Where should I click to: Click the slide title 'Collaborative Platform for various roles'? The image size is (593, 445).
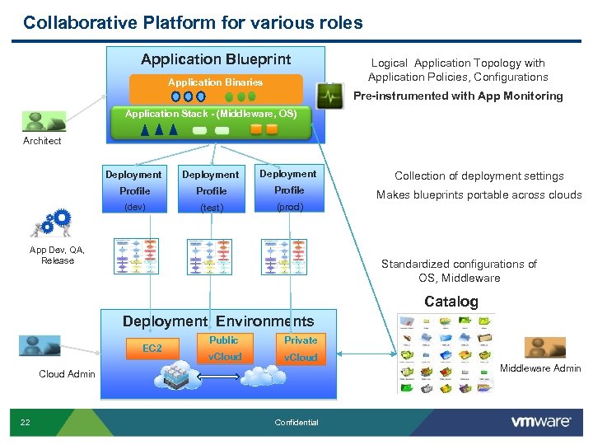(193, 22)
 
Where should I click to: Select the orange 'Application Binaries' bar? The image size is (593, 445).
(215, 82)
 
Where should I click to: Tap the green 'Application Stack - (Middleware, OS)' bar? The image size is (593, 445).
(211, 114)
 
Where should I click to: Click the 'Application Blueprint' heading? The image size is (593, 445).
(216, 59)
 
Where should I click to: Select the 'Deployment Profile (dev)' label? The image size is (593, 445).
(133, 190)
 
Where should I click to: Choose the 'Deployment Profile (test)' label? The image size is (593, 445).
(211, 190)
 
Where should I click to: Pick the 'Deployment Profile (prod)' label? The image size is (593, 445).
(288, 190)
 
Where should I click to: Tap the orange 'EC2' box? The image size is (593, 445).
(152, 349)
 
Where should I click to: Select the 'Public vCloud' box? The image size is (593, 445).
(224, 349)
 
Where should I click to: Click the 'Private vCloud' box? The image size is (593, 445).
(301, 349)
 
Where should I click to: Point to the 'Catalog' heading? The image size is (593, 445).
(451, 302)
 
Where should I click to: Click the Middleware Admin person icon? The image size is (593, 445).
(544, 347)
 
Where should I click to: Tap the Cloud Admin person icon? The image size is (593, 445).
(40, 346)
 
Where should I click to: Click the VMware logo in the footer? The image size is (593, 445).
(541, 422)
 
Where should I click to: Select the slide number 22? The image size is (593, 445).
(26, 423)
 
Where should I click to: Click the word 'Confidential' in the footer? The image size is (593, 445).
(296, 423)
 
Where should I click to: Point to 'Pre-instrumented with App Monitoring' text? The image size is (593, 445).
(458, 96)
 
